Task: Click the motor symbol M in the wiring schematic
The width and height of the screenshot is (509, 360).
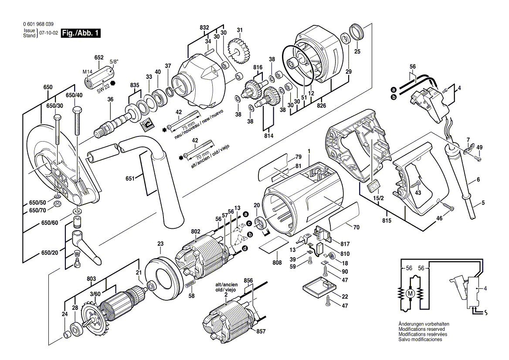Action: click(x=409, y=294)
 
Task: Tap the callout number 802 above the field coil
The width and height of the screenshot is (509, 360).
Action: click(x=195, y=231)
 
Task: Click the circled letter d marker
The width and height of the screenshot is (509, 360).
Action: click(x=245, y=248)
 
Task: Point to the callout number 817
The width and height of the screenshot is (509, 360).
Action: click(x=345, y=244)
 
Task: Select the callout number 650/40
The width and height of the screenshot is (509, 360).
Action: click(x=74, y=95)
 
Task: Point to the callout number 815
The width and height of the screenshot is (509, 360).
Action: click(x=387, y=221)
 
